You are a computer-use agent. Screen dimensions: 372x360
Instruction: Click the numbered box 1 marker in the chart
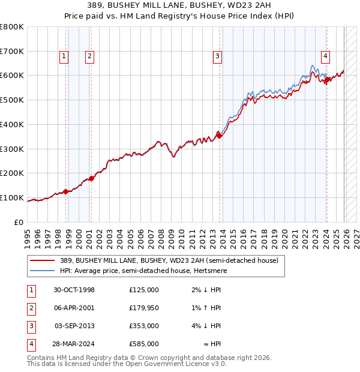pyautogui.click(x=64, y=56)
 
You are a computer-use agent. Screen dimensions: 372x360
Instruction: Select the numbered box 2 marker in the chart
pyautogui.click(x=89, y=56)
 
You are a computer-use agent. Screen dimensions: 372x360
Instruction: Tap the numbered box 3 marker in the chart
pyautogui.click(x=217, y=56)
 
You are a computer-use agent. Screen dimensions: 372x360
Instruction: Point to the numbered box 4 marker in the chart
pyautogui.click(x=325, y=56)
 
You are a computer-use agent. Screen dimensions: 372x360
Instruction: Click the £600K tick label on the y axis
pyautogui.click(x=12, y=76)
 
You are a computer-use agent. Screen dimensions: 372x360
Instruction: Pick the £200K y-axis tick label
pyautogui.click(x=12, y=173)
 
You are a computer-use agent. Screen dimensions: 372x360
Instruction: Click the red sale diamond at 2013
pyautogui.click(x=219, y=136)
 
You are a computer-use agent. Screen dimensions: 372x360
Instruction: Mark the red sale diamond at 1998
pyautogui.click(x=65, y=191)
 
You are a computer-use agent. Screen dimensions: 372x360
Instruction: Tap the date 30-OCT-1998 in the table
pyautogui.click(x=74, y=290)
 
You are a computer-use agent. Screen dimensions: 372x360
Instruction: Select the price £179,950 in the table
pyautogui.click(x=143, y=308)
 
